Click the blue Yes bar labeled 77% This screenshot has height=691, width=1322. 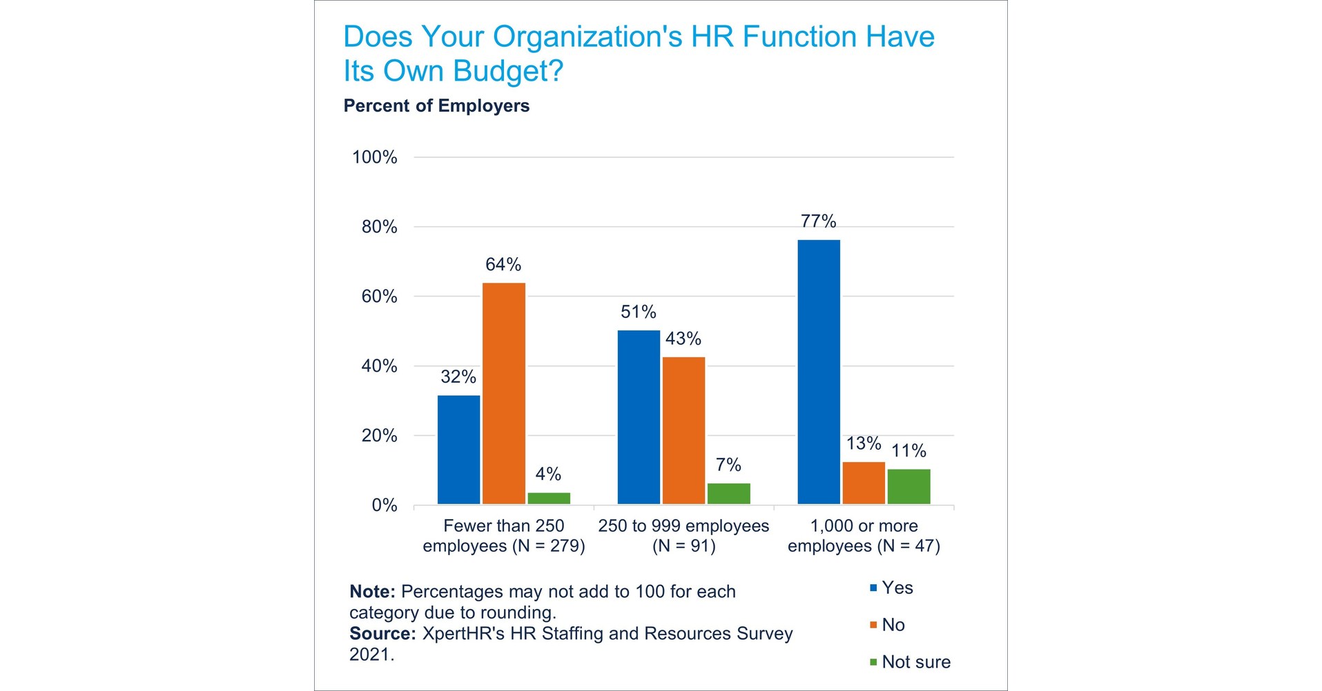click(x=819, y=372)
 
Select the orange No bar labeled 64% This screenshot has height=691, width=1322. click(x=503, y=393)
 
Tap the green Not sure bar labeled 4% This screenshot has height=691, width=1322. click(x=549, y=498)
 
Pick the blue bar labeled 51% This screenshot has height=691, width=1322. click(x=639, y=417)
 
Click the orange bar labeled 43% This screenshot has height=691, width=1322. click(x=683, y=430)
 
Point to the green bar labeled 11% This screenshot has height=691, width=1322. click(x=908, y=486)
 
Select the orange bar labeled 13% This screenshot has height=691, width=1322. click(x=864, y=483)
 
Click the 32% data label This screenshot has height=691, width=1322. click(x=458, y=377)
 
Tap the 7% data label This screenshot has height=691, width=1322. click(x=728, y=465)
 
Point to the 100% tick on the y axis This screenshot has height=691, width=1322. click(x=375, y=157)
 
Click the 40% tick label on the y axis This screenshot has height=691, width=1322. click(x=379, y=366)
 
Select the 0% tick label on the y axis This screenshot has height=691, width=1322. click(x=385, y=505)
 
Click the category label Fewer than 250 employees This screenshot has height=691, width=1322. click(x=504, y=536)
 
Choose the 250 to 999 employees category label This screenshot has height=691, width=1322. click(x=683, y=536)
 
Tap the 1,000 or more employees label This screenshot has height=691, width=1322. click(x=864, y=536)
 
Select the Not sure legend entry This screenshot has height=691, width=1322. click(x=915, y=662)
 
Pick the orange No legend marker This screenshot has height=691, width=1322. click(x=873, y=625)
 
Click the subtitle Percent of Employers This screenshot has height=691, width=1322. click(x=436, y=106)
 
